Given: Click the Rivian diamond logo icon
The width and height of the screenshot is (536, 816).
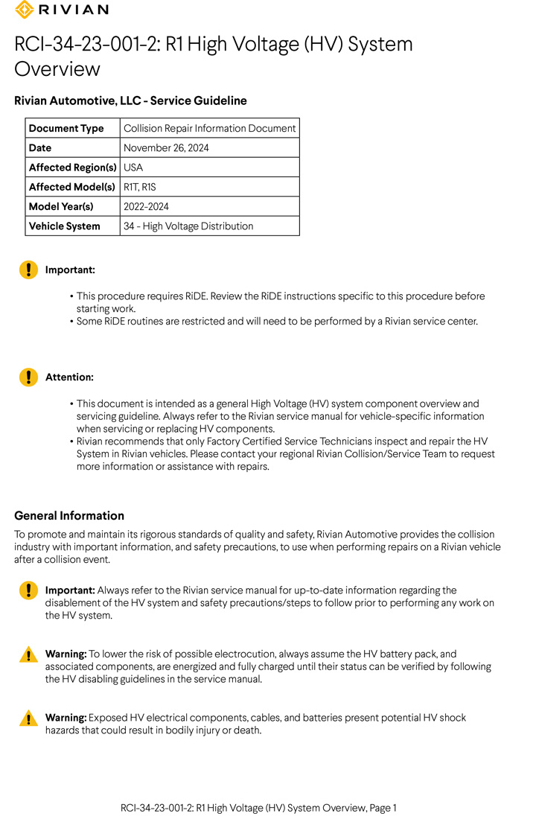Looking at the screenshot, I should pyautogui.click(x=24, y=10).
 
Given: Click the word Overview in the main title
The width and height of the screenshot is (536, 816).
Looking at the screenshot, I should pyautogui.click(x=57, y=69).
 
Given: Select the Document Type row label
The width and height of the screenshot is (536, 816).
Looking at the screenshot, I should pyautogui.click(x=66, y=128).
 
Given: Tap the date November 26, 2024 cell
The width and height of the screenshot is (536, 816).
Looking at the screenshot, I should pyautogui.click(x=166, y=147).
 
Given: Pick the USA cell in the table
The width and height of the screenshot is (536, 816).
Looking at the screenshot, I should pyautogui.click(x=133, y=168).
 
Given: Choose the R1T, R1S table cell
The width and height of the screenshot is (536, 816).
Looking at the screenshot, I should pyautogui.click(x=139, y=187).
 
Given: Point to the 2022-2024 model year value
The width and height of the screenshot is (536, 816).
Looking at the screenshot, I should pyautogui.click(x=146, y=206).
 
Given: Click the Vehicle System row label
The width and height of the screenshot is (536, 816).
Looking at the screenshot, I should pyautogui.click(x=64, y=226).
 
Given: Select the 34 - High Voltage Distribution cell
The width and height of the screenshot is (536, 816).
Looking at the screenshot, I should pyautogui.click(x=188, y=226).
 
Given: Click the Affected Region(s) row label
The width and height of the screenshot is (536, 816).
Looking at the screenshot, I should pyautogui.click(x=72, y=168).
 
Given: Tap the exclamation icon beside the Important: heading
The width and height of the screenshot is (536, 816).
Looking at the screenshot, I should pyautogui.click(x=28, y=270).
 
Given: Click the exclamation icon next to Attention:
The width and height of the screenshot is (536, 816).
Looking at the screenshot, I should pyautogui.click(x=28, y=377).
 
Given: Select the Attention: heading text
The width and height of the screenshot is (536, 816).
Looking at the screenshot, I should pyautogui.click(x=69, y=377).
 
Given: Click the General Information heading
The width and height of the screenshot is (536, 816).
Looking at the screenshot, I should pyautogui.click(x=69, y=515).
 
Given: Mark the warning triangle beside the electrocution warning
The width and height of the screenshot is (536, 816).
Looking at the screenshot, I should pyautogui.click(x=28, y=655).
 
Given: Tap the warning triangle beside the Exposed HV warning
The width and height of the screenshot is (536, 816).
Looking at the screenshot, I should pyautogui.click(x=28, y=718).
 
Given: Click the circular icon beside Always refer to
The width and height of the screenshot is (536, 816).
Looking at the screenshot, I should pyautogui.click(x=28, y=591).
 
